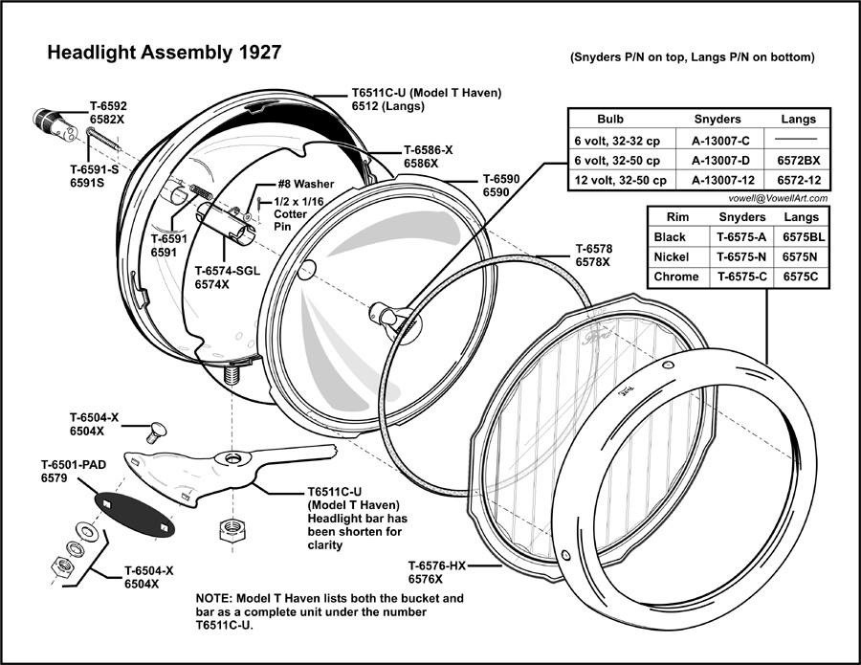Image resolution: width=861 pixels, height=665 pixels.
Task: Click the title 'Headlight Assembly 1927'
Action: pos(164,53)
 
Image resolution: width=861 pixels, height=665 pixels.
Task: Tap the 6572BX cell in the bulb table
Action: pos(798,161)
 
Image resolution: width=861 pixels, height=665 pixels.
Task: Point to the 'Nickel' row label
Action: pos(672,256)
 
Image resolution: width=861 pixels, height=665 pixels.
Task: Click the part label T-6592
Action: pos(108,107)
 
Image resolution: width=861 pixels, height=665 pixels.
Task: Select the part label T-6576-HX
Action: pos(438,565)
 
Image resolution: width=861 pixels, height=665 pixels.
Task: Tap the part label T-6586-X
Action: pos(428,150)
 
